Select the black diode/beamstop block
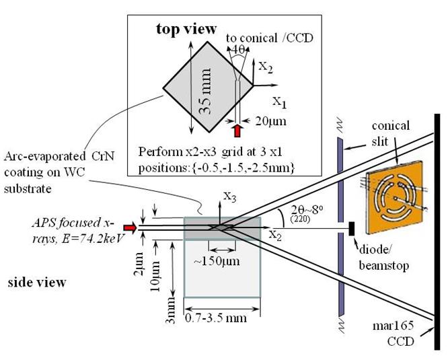(x=351, y=229)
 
